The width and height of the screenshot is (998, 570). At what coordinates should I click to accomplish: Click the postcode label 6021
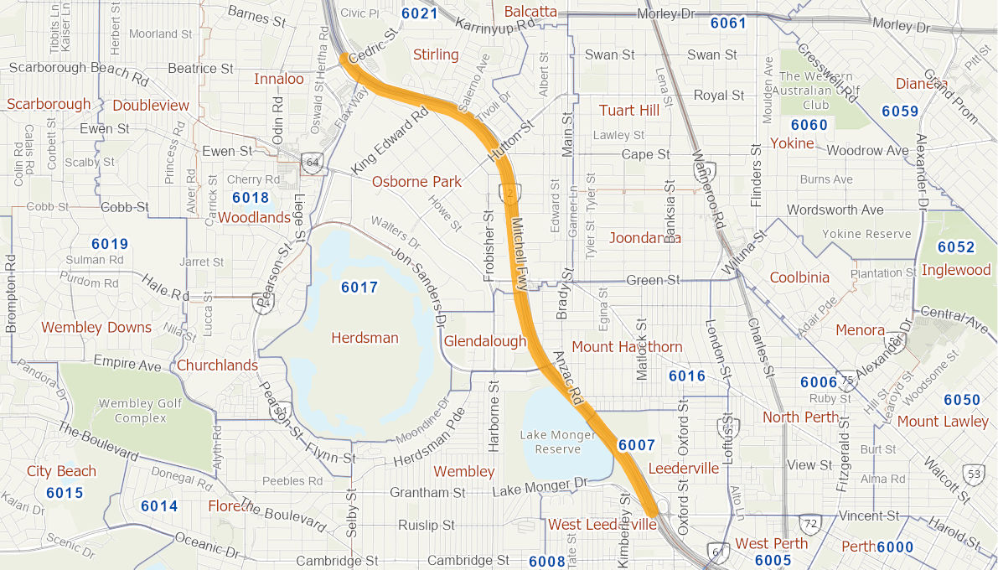[420, 13]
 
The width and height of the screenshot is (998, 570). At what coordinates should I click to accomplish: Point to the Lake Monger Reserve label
[551, 442]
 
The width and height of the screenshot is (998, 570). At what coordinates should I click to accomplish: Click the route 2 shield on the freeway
[509, 194]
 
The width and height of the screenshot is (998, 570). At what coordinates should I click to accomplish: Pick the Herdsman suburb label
[365, 339]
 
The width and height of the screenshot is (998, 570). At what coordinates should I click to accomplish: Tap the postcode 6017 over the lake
[359, 288]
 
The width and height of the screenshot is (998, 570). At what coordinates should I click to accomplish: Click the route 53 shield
[973, 475]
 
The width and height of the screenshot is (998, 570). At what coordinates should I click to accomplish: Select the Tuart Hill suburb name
[629, 111]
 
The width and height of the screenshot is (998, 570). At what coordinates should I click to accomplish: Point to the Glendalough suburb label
[485, 341]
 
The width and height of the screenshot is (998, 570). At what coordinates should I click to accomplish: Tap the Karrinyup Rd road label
[494, 24]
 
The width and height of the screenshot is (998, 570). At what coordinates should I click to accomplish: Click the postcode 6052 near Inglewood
[956, 247]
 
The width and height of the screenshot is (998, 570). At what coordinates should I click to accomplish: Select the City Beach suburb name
[61, 471]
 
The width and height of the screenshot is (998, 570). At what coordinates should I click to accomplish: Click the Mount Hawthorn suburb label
[627, 347]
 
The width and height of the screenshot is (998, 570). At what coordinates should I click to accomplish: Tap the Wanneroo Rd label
[708, 189]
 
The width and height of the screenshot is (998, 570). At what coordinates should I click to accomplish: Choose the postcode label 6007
[635, 444]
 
